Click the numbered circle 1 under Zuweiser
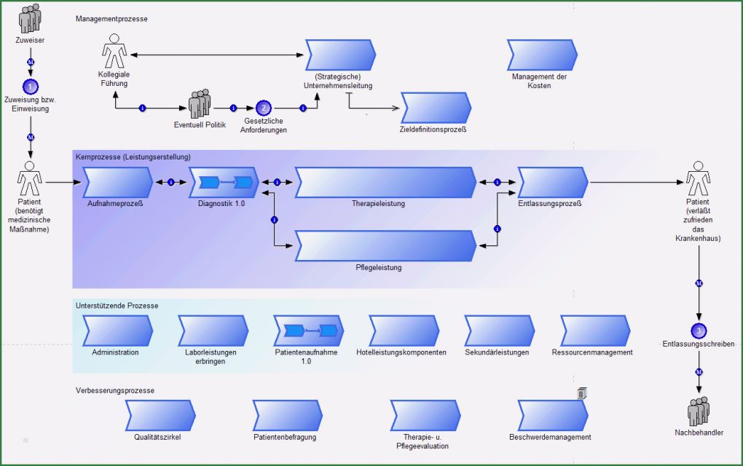click(x=30, y=87)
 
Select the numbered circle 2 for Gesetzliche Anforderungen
click(x=264, y=108)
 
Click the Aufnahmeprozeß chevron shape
click(x=117, y=182)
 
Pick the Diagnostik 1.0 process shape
click(x=224, y=182)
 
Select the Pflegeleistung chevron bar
click(x=385, y=246)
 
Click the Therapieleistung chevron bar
click(x=385, y=182)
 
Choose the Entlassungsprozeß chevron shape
click(x=552, y=182)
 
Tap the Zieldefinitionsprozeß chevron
click(x=436, y=108)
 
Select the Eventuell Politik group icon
click(x=200, y=104)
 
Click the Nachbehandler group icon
click(x=699, y=411)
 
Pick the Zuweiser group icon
click(x=30, y=18)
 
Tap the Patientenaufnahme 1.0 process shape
click(x=308, y=331)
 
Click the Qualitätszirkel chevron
click(x=160, y=415)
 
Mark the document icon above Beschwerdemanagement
click(x=582, y=393)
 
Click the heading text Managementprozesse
click(x=111, y=19)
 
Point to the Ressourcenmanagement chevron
click(x=593, y=331)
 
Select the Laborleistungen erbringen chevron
click(x=212, y=331)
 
